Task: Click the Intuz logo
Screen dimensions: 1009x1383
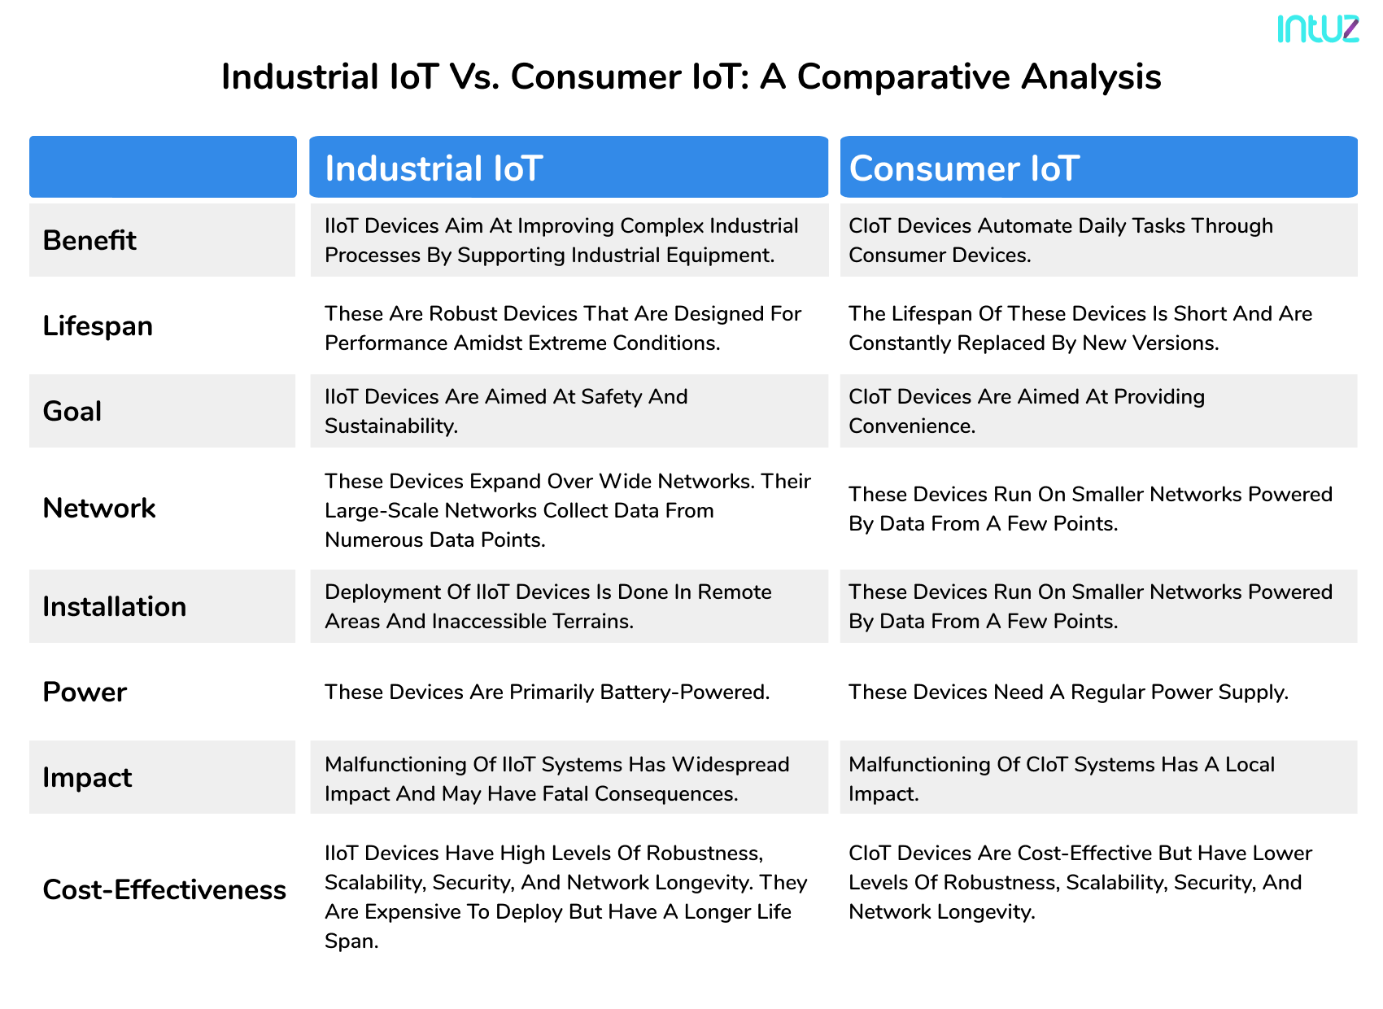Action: (x=1317, y=28)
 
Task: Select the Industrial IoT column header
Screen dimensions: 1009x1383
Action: (x=569, y=168)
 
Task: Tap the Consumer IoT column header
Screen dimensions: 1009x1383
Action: (x=1098, y=168)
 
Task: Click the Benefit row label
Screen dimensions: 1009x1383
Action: (x=89, y=241)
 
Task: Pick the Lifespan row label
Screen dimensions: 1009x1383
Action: (x=98, y=326)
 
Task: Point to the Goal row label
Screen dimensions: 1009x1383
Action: (x=72, y=412)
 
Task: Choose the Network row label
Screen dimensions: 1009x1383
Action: (x=99, y=509)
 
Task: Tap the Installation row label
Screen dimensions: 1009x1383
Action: (x=115, y=607)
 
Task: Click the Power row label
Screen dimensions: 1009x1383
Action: (x=85, y=692)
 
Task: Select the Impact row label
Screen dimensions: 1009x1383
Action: (x=87, y=778)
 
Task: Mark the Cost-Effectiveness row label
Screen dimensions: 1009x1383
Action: (x=164, y=890)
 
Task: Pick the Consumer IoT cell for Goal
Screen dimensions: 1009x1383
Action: (x=1098, y=411)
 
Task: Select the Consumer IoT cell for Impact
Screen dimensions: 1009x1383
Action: (x=1098, y=778)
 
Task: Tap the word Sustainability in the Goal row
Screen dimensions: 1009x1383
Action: (x=390, y=426)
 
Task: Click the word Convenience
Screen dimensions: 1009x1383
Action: (x=911, y=426)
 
